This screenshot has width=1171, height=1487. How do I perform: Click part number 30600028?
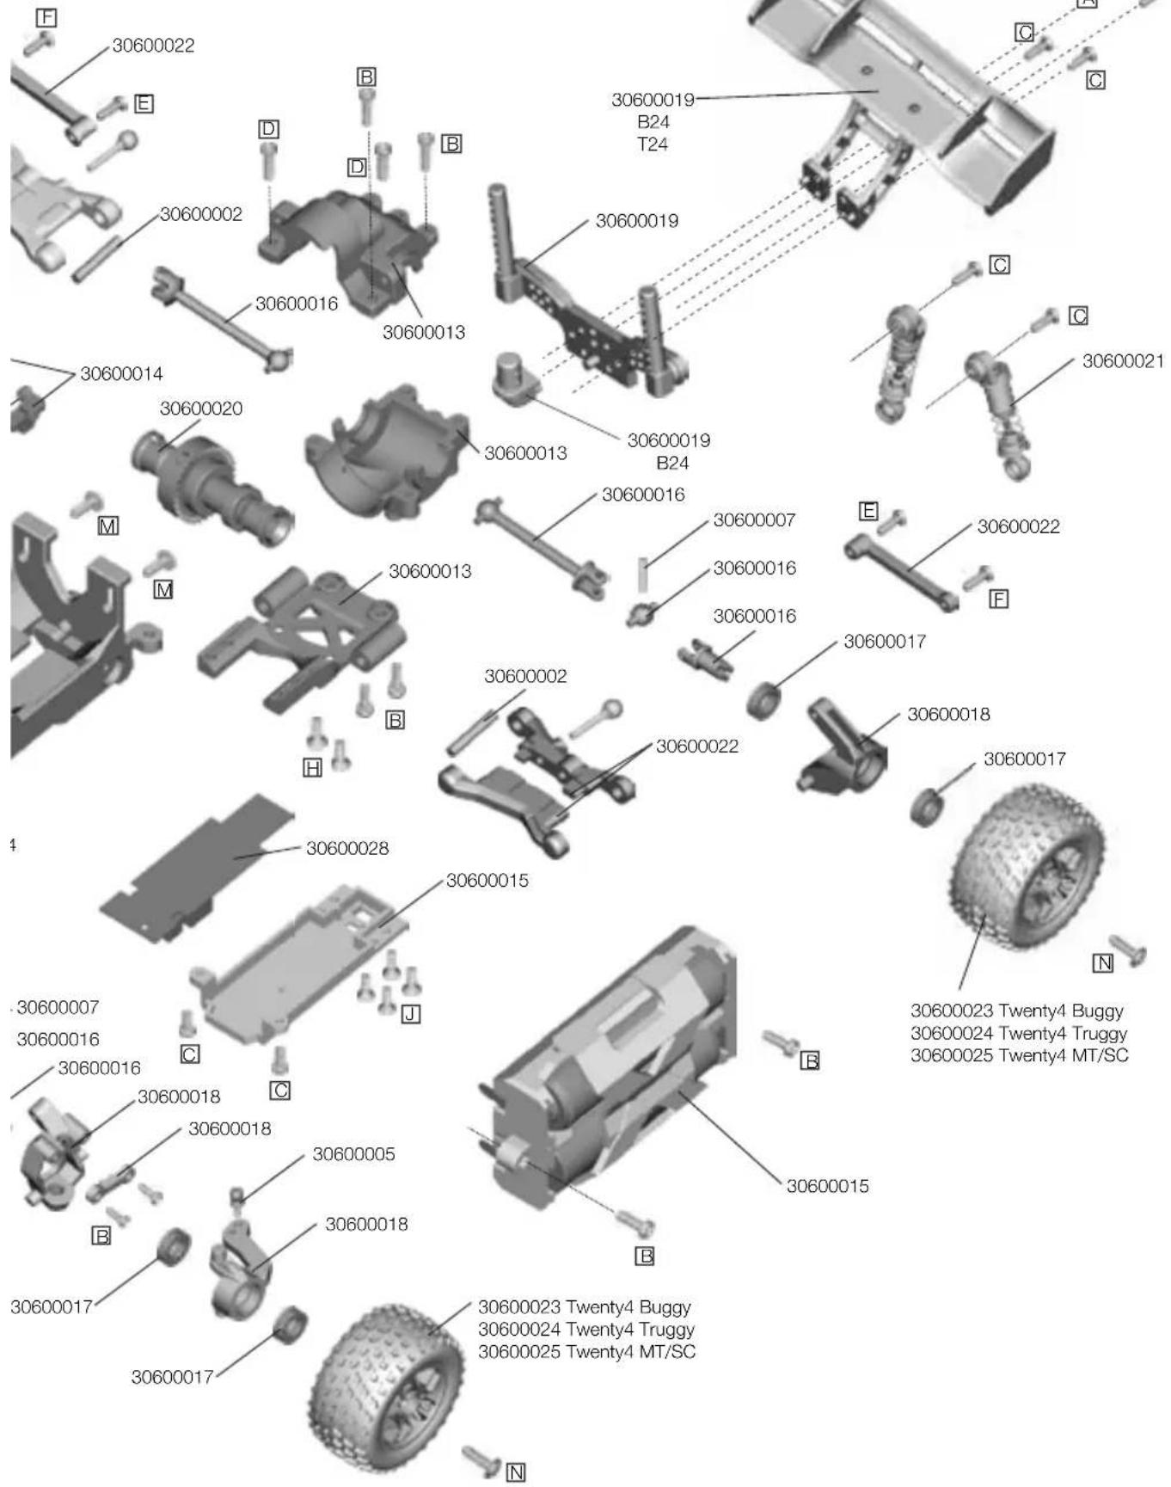tap(347, 849)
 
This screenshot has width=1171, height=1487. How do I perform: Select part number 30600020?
tap(201, 409)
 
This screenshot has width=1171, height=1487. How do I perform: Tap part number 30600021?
tap(1122, 361)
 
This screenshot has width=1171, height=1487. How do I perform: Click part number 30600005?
tap(353, 1154)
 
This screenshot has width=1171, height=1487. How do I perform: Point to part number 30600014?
tap(121, 374)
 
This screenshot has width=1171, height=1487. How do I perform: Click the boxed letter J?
tap(411, 1015)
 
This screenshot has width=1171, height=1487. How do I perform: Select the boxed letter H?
tap(313, 768)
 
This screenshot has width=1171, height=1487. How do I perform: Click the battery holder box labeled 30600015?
tap(610, 1066)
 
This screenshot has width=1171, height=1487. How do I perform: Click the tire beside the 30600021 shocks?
tap(1027, 869)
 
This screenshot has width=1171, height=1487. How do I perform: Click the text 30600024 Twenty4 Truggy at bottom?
tap(586, 1330)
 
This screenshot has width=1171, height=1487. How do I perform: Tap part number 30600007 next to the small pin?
tap(754, 520)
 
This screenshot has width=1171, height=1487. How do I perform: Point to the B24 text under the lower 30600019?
tap(672, 464)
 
